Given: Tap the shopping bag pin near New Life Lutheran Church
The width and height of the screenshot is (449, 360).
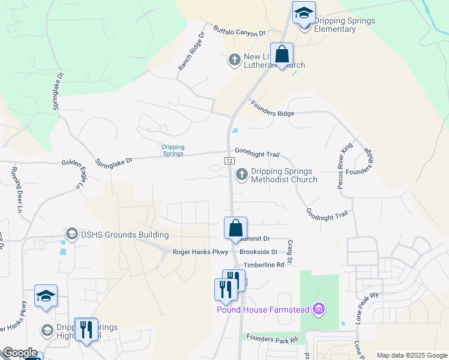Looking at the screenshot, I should click(x=282, y=55).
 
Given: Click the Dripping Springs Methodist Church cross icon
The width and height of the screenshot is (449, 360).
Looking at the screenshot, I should click(x=242, y=175).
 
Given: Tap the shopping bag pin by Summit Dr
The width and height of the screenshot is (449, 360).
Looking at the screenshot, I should click(x=236, y=228).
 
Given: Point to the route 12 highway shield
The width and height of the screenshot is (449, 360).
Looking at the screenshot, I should click(x=229, y=161).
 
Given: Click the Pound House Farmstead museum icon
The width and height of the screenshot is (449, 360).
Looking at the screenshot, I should click(x=319, y=310).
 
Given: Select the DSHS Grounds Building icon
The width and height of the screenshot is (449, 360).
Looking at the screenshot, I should click(x=71, y=233).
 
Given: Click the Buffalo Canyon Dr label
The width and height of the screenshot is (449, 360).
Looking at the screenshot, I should click(x=240, y=31).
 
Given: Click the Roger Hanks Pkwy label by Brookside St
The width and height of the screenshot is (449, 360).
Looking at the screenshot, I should click(x=200, y=253).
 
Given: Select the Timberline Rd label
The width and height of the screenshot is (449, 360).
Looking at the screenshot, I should click(x=263, y=264).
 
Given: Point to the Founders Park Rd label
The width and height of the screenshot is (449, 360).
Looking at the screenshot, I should click(x=272, y=340).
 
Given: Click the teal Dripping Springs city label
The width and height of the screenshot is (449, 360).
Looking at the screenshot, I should click(x=173, y=150).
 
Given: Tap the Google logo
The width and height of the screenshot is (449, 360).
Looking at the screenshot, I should click(x=20, y=353).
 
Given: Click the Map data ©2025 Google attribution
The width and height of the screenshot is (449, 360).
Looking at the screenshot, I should click(x=411, y=355).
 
